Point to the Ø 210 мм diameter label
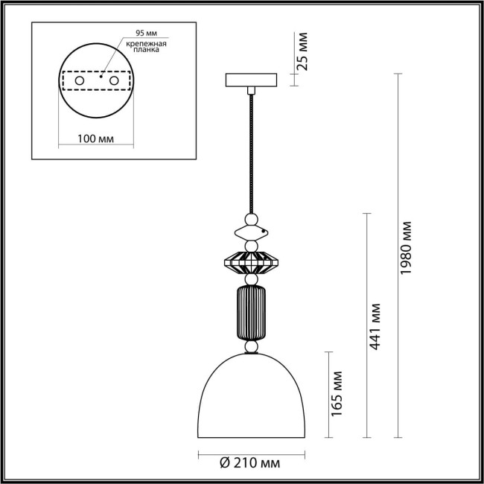(250, 464)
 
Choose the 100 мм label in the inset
(95, 139)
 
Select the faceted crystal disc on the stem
(252, 262)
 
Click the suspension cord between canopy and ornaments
(252, 149)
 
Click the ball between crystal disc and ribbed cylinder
(252, 279)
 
